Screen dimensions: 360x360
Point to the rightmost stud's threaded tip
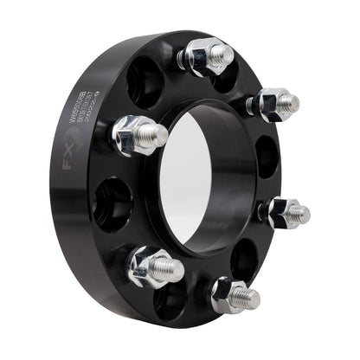tap(299, 213)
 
